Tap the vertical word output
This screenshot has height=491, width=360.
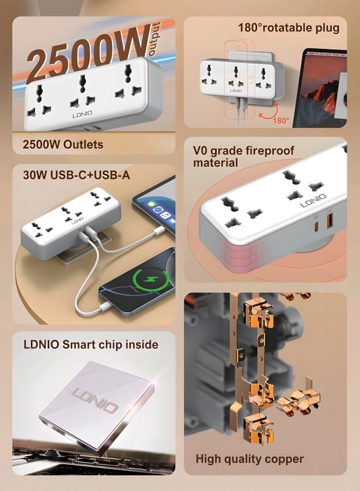[155, 39]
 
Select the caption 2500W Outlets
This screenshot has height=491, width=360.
[63, 145]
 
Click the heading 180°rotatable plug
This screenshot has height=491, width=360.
[289, 28]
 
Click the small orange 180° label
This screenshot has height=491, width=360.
[281, 121]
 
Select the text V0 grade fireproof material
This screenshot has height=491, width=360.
[244, 157]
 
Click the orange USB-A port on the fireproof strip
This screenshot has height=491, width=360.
[329, 221]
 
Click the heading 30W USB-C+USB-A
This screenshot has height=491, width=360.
[76, 175]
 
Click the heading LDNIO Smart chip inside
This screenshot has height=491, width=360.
[91, 344]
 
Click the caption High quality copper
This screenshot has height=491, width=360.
[249, 459]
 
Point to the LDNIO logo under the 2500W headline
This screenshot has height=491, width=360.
[82, 115]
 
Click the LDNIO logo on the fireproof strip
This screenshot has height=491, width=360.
[313, 200]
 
